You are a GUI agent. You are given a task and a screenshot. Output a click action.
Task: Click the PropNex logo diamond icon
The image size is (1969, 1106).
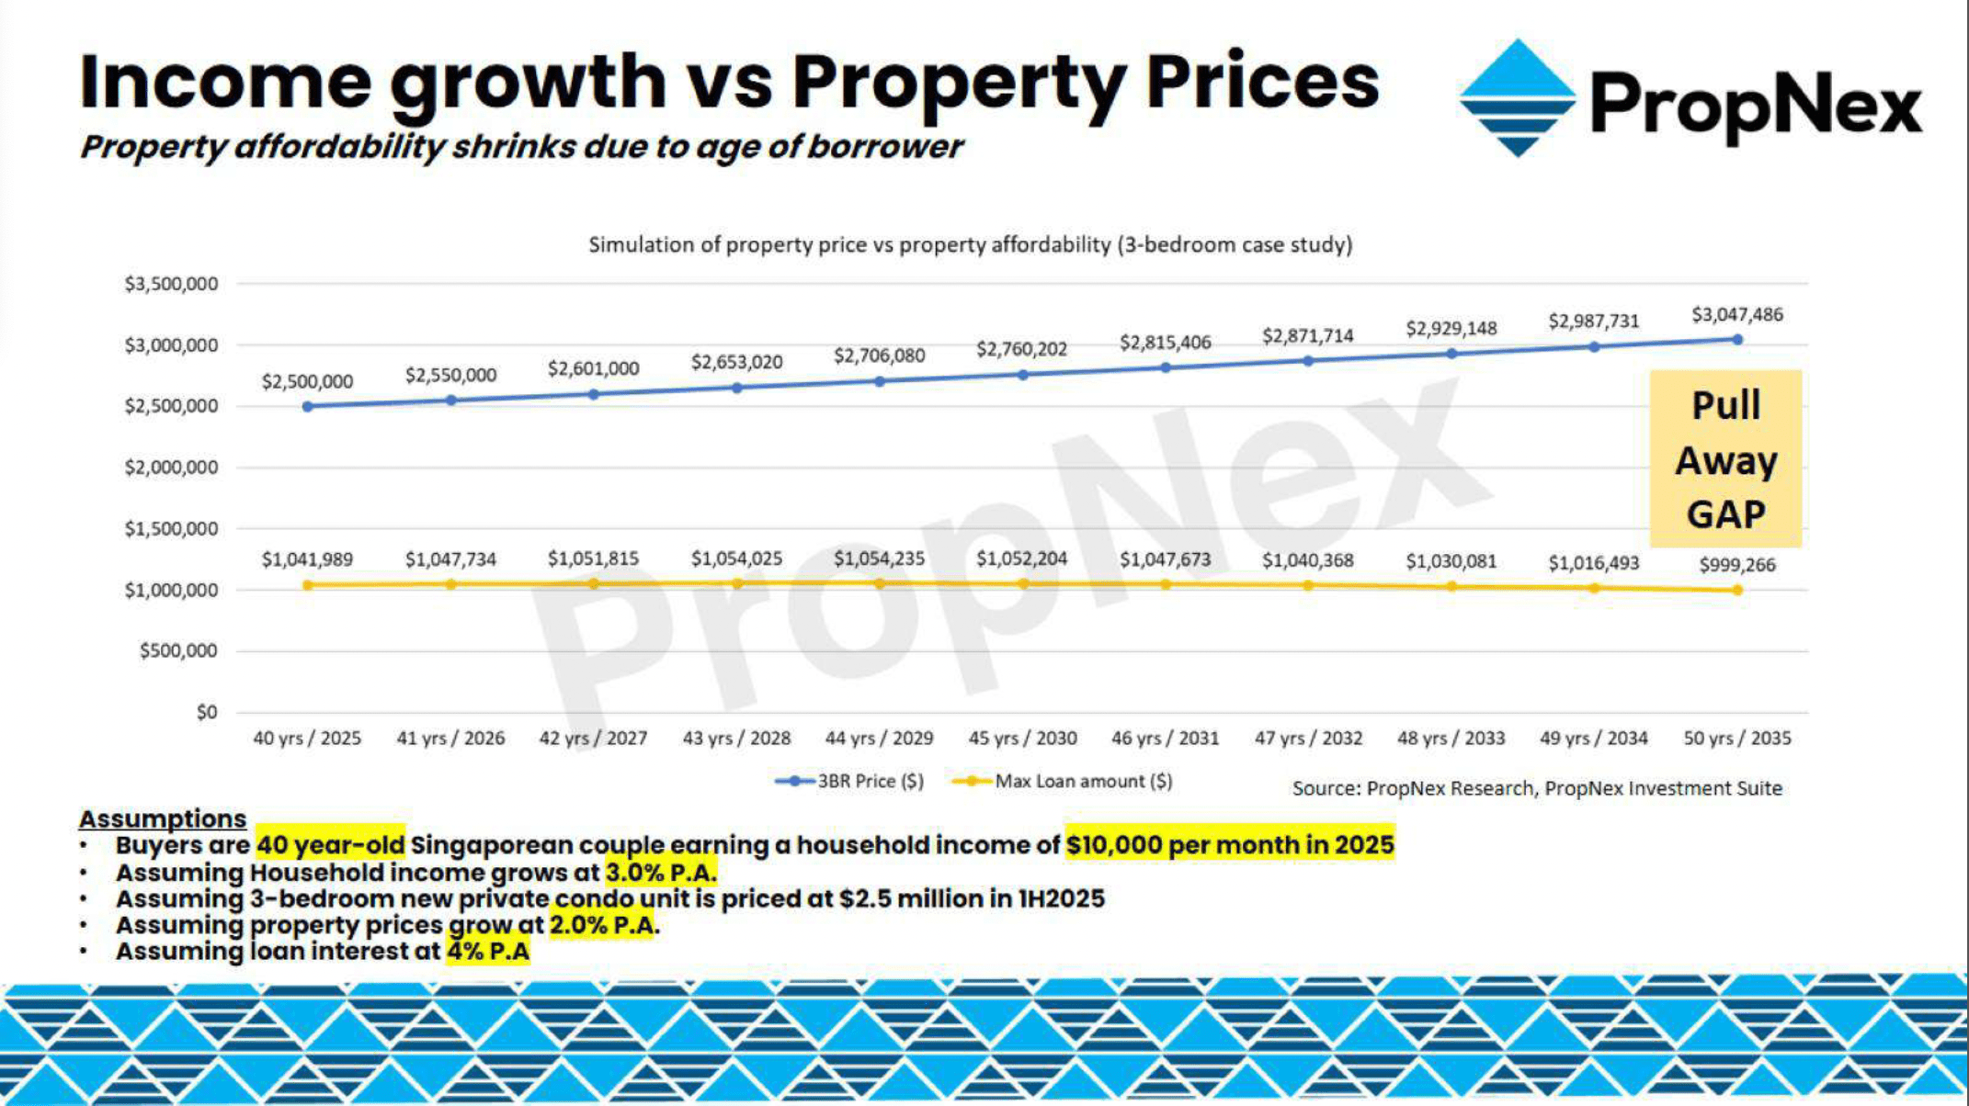tap(1517, 98)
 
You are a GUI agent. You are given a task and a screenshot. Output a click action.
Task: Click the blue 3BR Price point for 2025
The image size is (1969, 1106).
tap(307, 406)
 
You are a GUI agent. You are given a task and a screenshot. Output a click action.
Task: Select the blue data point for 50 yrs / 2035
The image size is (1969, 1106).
tap(1736, 340)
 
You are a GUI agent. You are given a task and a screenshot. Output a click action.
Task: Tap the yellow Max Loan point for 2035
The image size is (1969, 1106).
tap(1736, 590)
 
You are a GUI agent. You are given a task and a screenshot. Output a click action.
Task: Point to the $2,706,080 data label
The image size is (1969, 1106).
tap(879, 355)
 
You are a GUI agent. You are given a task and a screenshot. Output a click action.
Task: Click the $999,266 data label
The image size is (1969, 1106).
tap(1736, 565)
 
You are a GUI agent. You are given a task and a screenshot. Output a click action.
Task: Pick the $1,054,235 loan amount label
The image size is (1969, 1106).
tap(879, 559)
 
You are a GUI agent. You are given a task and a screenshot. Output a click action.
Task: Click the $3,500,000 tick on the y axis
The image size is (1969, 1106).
tap(171, 284)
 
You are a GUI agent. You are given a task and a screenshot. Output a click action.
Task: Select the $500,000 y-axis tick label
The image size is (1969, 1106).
tap(178, 651)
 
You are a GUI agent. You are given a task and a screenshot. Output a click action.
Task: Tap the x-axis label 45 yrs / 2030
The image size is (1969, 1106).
tap(1022, 739)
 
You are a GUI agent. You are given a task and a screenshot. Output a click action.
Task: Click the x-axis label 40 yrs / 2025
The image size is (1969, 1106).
tap(307, 739)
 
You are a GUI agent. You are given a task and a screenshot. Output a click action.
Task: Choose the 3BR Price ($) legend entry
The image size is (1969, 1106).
tap(850, 782)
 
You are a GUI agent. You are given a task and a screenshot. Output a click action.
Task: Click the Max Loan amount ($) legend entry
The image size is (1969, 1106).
tap(1064, 782)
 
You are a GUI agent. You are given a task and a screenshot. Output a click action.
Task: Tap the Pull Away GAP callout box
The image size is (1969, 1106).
tap(1725, 459)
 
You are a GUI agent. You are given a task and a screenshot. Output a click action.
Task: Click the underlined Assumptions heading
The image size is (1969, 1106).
tap(163, 818)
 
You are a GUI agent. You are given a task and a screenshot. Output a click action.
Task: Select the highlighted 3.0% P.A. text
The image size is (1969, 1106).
tap(660, 872)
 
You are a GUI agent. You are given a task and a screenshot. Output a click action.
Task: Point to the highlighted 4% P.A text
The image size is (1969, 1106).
tap(488, 951)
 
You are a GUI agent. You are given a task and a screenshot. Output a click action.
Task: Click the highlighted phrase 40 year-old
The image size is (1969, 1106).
tap(330, 845)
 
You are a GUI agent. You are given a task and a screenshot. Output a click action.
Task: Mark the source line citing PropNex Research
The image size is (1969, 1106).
tap(1537, 788)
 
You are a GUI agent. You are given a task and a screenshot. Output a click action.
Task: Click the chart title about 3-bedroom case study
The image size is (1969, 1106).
tap(970, 245)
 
